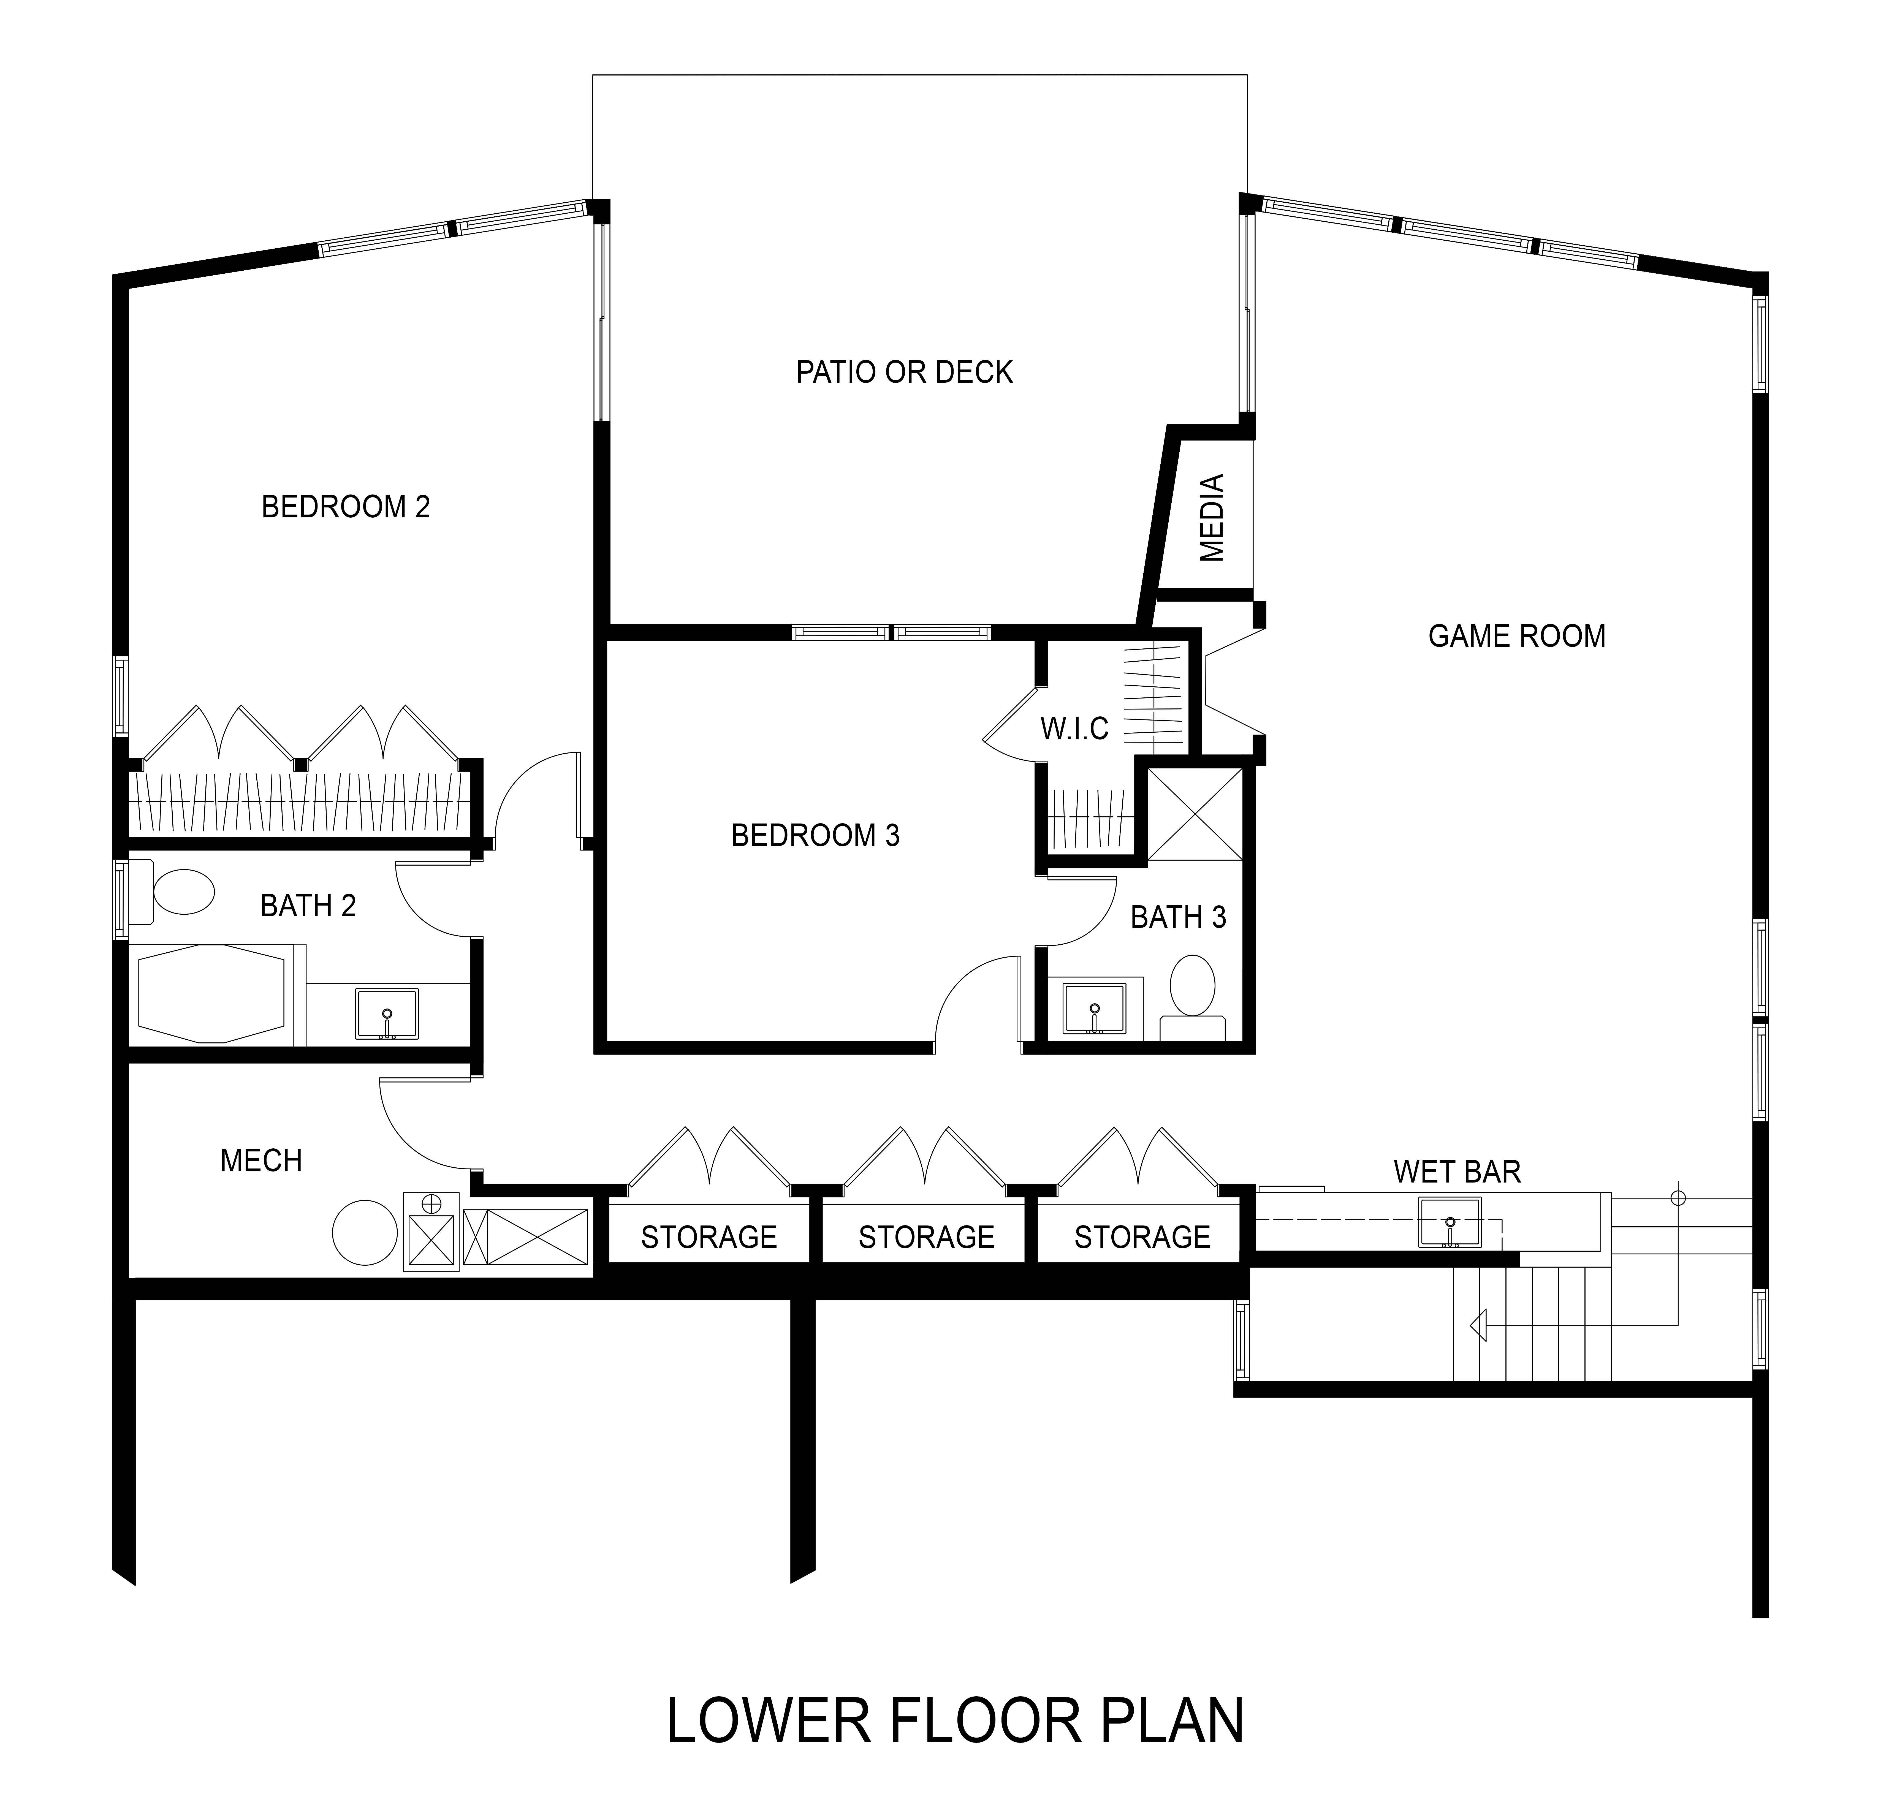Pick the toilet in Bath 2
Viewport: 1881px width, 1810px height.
172,892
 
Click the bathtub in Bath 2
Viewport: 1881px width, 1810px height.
213,994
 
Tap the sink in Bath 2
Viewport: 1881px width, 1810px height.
387,1013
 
